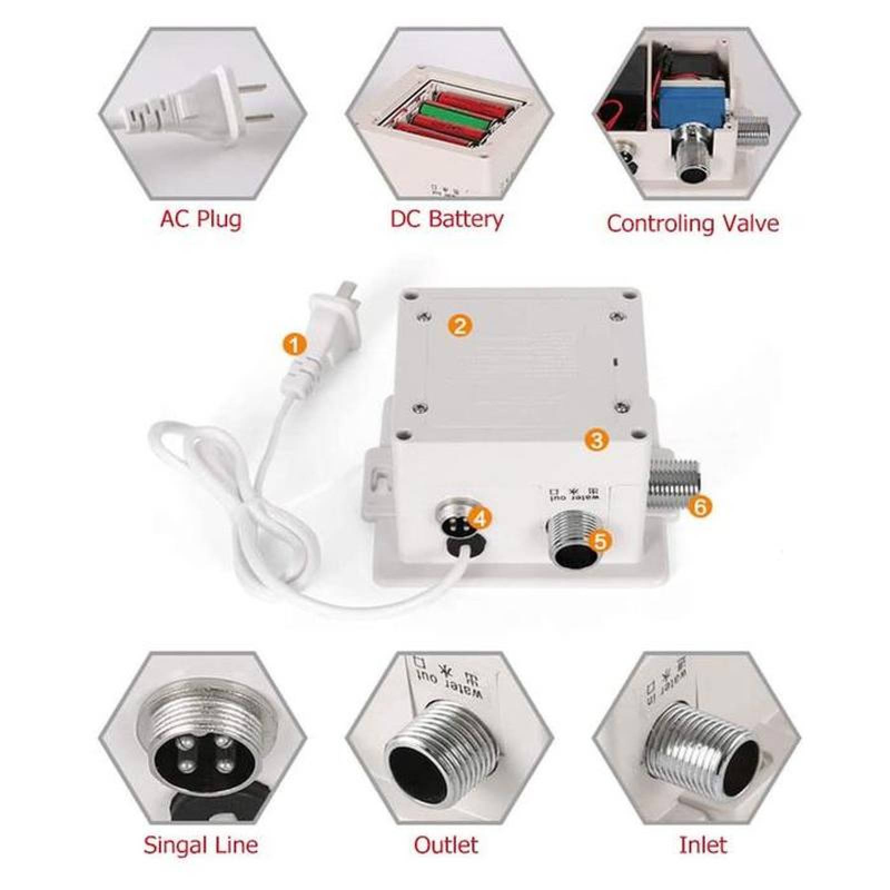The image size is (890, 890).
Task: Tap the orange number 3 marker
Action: [x=596, y=441]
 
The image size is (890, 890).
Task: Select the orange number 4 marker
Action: [x=481, y=518]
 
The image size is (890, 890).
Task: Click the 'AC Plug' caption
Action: [x=201, y=219]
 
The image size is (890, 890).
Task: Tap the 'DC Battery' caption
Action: [x=446, y=219]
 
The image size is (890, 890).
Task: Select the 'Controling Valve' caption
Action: [x=693, y=223]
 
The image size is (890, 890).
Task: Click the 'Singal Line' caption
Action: [x=201, y=845]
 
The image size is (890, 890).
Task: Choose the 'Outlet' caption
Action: [x=446, y=845]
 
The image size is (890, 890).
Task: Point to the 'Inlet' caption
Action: [x=703, y=845]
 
